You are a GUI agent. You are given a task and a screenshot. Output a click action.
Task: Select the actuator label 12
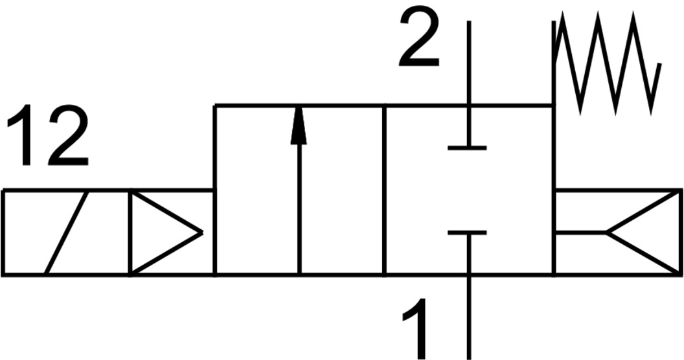(47, 136)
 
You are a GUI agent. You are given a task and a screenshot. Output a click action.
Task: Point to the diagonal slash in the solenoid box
(66, 232)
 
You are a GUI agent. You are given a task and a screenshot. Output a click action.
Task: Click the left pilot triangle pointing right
(162, 232)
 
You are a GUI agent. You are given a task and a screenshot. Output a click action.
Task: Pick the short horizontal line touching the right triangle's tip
(580, 232)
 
